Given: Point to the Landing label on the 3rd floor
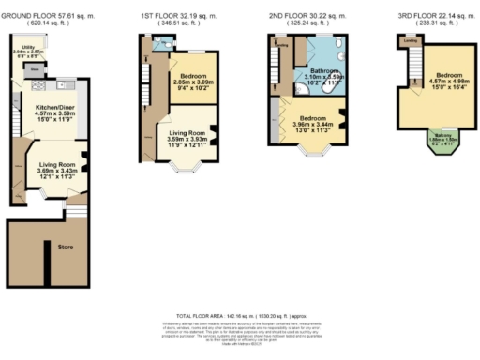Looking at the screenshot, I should point(410,42).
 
